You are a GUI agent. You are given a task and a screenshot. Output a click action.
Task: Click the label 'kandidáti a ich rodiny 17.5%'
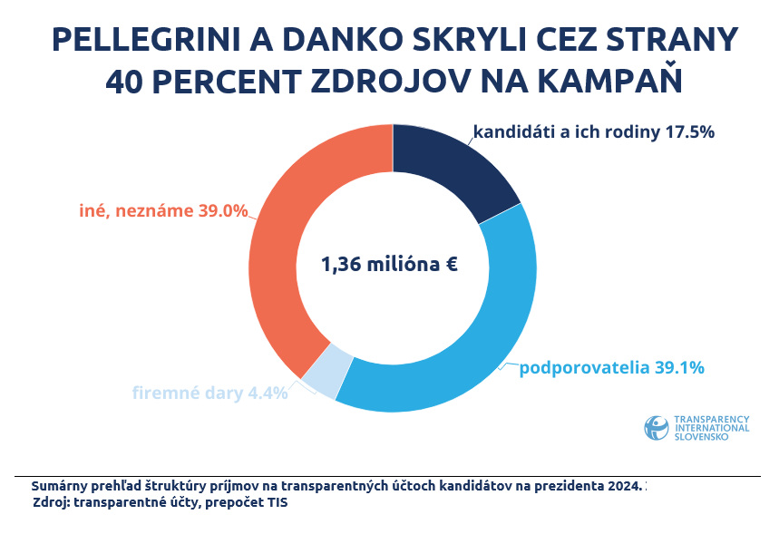coord(594,131)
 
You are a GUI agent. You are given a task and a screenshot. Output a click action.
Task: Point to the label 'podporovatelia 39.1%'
coord(611,368)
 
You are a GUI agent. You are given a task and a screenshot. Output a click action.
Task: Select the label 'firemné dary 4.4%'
coord(209,393)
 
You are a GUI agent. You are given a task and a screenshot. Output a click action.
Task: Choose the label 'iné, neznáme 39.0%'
coord(163,210)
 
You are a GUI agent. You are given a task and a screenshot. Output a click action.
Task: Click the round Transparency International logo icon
coord(656,428)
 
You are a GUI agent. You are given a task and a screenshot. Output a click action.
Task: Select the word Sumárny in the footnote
coord(60,486)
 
